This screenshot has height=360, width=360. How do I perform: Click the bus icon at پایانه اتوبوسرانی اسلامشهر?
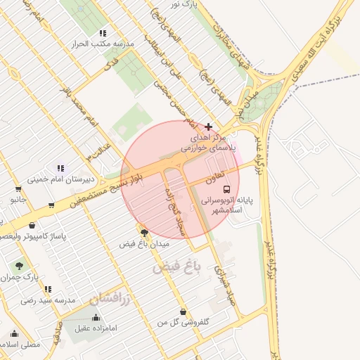[x=226, y=189]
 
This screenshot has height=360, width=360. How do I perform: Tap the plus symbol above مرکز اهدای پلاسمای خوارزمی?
[x=208, y=127]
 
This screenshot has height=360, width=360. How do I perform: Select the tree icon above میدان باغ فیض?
[x=144, y=231]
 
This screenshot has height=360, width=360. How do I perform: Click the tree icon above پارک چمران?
[x=19, y=266]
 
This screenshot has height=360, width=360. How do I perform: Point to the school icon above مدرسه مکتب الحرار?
[x=103, y=33]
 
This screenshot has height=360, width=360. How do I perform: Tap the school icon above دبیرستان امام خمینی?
[x=60, y=168]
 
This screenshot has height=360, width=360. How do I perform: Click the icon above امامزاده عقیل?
[x=96, y=317]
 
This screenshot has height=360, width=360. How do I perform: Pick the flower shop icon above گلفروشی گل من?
[x=184, y=311]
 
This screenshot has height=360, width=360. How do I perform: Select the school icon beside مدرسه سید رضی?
[x=48, y=289]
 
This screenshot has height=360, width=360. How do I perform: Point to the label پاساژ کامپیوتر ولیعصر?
[x=33, y=236]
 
